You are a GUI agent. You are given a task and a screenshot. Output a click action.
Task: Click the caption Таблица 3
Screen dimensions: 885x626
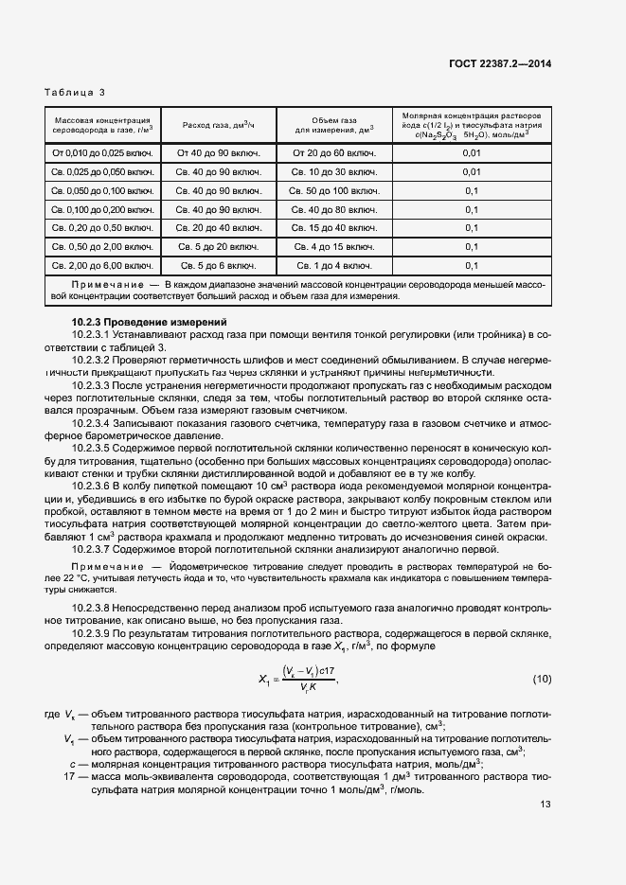(75, 92)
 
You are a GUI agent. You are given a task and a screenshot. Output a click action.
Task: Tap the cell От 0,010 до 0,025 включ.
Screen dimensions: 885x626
(102, 152)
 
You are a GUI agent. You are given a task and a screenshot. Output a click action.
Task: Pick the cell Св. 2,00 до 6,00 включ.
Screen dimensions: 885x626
(102, 265)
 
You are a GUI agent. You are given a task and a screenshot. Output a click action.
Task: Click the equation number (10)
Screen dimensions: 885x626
(541, 679)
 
